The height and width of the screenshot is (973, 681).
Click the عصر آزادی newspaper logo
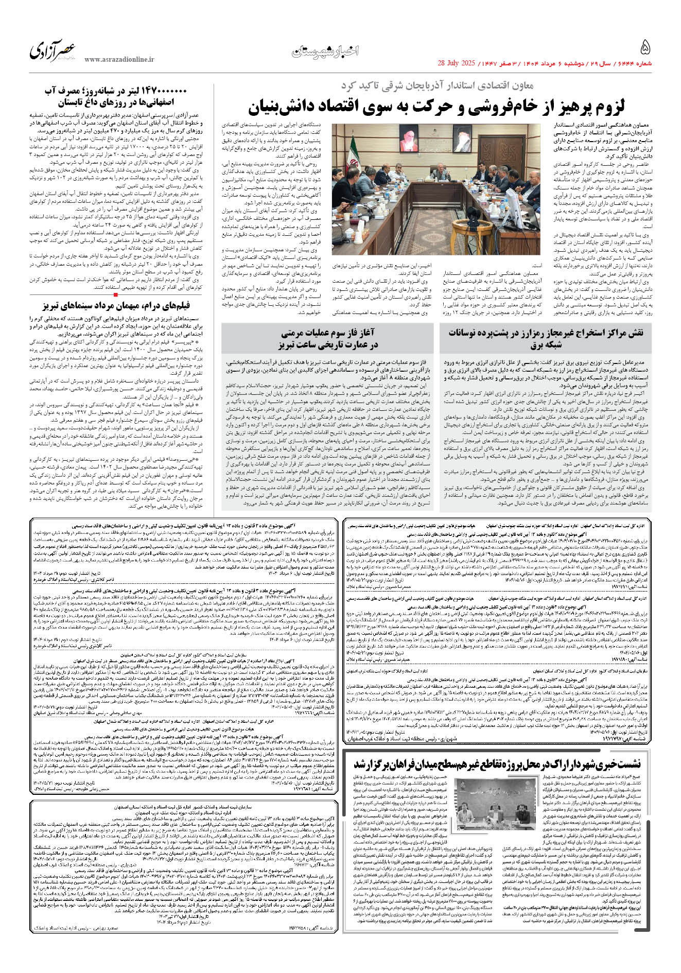pyautogui.click(x=53, y=50)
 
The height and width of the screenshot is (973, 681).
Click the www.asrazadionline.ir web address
pyautogui.click(x=119, y=60)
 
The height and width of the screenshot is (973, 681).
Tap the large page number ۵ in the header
pyautogui.click(x=645, y=48)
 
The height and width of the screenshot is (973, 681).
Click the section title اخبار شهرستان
pyautogui.click(x=325, y=51)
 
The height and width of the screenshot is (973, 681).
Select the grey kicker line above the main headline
pyautogui.click(x=437, y=85)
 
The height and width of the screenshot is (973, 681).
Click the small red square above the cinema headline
pyautogui.click(x=116, y=295)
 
